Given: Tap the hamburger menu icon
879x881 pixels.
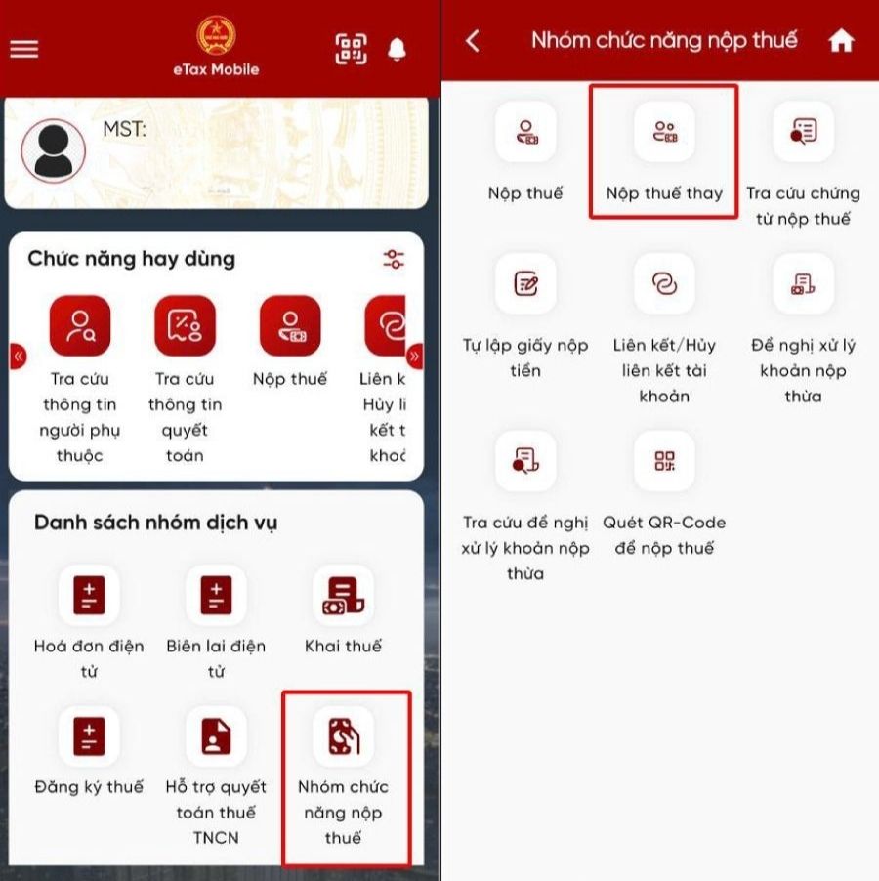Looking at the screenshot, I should tap(23, 48).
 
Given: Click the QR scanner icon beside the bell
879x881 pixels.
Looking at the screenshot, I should tap(352, 49).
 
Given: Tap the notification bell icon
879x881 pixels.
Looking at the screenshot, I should tap(397, 49).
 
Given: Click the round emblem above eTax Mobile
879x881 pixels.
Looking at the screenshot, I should tap(216, 35).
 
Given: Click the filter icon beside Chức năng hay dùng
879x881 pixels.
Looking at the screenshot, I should tap(394, 259).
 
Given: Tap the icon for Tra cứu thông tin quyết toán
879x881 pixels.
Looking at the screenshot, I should tap(185, 325).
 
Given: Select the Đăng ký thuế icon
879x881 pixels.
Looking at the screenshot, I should tap(89, 736).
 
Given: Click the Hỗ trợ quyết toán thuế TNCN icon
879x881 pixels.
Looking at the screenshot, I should tap(216, 736).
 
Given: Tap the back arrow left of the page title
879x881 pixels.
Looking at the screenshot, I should tap(473, 41).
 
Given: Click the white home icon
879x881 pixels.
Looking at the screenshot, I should tap(841, 41).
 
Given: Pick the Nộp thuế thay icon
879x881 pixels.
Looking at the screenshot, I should tap(664, 132).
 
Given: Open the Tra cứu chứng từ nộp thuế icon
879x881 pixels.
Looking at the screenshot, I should tap(803, 132).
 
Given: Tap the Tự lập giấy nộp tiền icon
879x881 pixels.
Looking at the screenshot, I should tap(525, 284).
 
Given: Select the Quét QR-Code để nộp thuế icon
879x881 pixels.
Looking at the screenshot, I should tap(664, 462).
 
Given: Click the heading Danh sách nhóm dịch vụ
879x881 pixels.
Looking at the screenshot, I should tap(155, 523).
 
